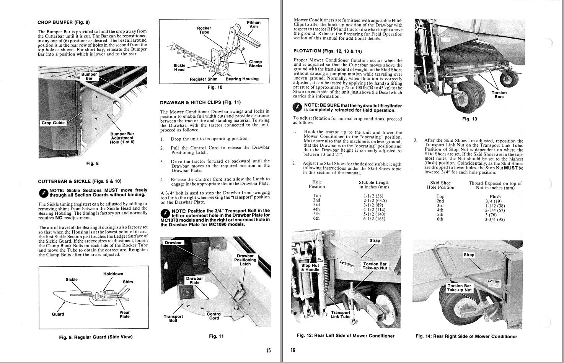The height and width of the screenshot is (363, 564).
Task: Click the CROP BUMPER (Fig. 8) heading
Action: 64,22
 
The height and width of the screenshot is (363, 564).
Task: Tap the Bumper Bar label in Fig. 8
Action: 89,76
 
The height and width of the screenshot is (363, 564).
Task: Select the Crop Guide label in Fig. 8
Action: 53,123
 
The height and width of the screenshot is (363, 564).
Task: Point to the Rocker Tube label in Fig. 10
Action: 204,30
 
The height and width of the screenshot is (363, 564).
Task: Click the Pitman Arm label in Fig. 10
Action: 253,24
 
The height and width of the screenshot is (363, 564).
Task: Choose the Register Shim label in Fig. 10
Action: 204,79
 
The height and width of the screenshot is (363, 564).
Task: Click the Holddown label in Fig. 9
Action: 113,274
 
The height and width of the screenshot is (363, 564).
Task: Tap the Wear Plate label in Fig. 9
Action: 125,314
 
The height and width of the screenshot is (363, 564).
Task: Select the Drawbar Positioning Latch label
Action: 245,260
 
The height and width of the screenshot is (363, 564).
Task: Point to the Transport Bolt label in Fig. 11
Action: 173,318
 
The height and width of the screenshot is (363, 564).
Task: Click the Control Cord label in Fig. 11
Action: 214,316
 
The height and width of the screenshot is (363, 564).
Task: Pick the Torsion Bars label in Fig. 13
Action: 499,94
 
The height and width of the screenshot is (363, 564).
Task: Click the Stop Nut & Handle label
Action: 310,267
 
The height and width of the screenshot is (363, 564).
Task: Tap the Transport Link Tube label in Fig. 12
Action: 340,314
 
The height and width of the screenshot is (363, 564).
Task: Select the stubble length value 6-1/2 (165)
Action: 375,219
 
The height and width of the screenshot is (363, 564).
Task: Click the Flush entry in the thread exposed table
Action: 495,197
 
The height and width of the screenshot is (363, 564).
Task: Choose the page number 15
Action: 268,350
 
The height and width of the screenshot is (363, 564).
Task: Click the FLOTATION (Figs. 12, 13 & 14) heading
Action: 327,51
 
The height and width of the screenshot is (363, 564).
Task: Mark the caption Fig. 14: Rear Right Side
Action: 466,337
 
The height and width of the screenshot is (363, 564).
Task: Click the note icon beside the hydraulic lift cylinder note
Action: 297,108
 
